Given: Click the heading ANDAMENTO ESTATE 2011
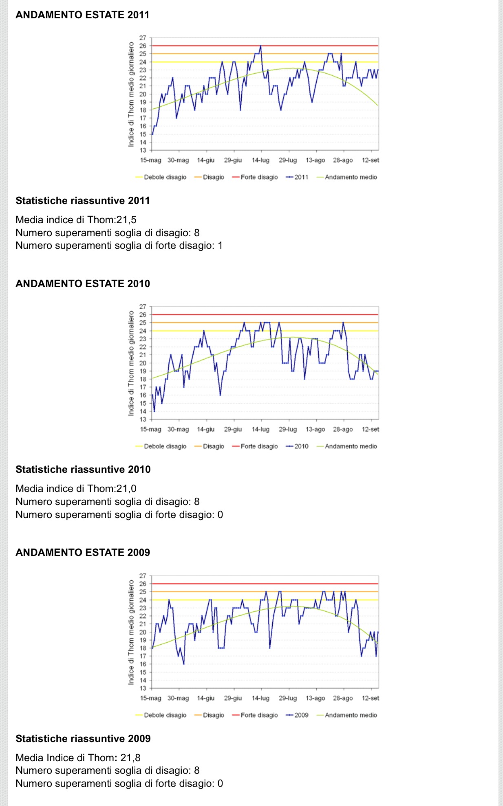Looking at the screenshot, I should (x=82, y=15).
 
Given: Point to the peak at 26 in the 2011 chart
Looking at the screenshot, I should (x=260, y=46).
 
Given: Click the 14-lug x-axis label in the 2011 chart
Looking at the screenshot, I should (x=260, y=160).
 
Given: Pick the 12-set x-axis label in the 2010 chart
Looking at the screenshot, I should (x=370, y=429).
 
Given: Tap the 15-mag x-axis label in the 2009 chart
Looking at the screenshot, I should (x=151, y=698).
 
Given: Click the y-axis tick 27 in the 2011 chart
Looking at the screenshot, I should (x=143, y=38).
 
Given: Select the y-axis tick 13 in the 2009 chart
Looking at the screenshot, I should (x=143, y=688).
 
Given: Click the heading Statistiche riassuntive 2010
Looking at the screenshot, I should (x=83, y=470).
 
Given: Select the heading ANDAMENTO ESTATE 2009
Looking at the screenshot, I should (x=83, y=553).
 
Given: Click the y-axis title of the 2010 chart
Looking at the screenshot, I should (x=131, y=363).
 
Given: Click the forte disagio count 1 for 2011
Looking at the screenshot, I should (x=220, y=246).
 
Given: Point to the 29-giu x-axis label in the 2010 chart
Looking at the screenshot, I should (x=233, y=429).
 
